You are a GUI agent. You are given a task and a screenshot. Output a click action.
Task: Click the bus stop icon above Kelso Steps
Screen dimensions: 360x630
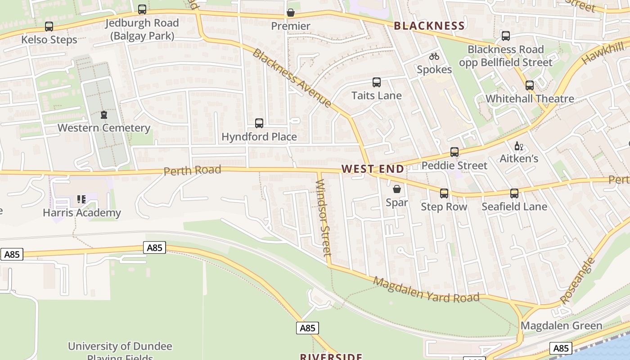tap(49, 27)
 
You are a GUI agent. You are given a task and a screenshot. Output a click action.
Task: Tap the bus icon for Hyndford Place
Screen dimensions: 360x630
tap(259, 123)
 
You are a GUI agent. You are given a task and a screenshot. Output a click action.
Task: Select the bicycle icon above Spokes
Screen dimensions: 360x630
tap(434, 56)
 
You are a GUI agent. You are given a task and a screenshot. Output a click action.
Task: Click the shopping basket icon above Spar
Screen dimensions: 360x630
tap(397, 189)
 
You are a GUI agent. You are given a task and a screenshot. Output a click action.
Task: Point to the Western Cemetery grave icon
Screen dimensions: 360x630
tap(104, 115)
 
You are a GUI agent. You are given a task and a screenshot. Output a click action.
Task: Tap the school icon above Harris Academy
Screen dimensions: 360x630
tap(81, 199)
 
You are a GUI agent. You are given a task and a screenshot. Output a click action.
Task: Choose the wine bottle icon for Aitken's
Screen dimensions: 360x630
tap(519, 146)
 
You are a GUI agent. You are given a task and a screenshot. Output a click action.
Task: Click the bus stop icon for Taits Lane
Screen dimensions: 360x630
tap(377, 82)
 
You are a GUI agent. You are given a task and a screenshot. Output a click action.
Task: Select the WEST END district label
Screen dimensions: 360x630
tap(373, 169)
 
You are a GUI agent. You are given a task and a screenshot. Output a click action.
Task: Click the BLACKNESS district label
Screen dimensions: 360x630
tap(429, 26)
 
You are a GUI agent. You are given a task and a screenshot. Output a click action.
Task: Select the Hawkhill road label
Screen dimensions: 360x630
tap(603, 53)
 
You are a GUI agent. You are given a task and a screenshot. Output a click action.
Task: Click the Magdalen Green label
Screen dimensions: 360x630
tap(561, 325)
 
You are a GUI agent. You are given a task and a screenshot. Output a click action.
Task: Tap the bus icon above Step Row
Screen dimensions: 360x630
tap(444, 193)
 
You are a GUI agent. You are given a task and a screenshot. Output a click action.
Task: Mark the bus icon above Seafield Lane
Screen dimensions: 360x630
tap(514, 193)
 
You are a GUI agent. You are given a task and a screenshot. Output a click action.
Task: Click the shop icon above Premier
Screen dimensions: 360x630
tap(291, 13)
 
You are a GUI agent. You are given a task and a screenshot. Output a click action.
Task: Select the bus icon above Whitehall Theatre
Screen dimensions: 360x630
tap(530, 85)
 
